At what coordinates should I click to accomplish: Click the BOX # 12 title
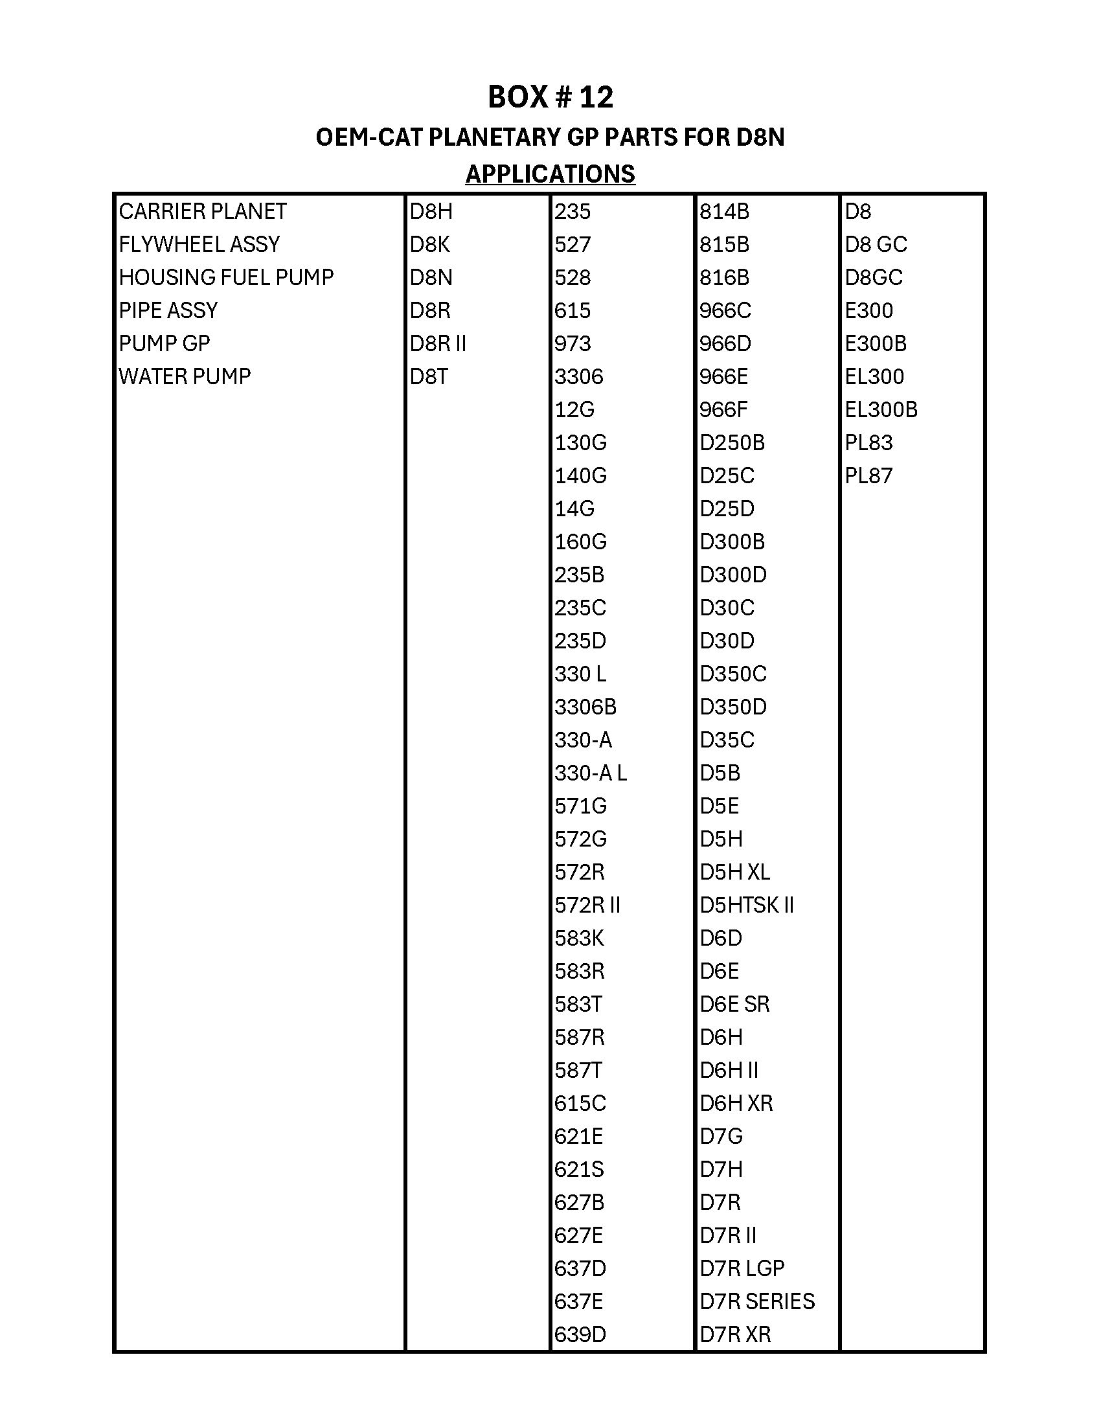[x=550, y=97]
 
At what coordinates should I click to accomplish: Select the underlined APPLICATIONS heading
[x=550, y=174]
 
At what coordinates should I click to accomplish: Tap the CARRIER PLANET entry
[x=202, y=211]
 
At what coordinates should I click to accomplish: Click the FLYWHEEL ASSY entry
[x=199, y=245]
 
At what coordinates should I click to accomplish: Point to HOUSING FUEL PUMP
[x=225, y=277]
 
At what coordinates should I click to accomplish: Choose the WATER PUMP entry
[x=185, y=376]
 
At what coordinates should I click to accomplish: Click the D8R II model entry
[x=438, y=343]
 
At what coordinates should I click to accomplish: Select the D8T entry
[x=429, y=376]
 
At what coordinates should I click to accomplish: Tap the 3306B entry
[x=585, y=707]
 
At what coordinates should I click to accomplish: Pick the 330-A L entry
[x=590, y=773]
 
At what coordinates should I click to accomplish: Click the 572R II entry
[x=587, y=905]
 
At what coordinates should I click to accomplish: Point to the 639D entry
[x=580, y=1334]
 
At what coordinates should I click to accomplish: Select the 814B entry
[x=724, y=211]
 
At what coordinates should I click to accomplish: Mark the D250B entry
[x=732, y=443]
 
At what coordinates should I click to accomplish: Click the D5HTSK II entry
[x=746, y=905]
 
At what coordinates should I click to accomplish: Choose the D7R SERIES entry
[x=756, y=1301]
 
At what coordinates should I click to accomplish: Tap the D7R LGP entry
[x=742, y=1268]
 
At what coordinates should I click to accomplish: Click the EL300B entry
[x=881, y=410]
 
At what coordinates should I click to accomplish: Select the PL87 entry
[x=868, y=475]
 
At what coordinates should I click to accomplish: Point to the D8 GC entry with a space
[x=876, y=245]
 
